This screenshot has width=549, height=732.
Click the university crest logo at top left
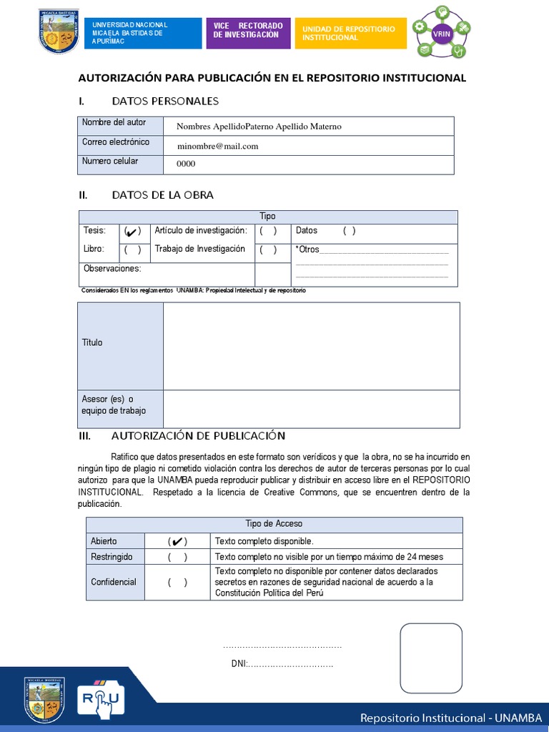coord(59,32)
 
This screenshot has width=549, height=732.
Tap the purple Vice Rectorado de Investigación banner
coord(248,33)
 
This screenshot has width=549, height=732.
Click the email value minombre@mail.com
coord(217,146)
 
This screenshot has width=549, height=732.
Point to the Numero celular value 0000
coord(186,164)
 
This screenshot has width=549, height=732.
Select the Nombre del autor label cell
coord(114,123)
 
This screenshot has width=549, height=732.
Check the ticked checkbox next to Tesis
coord(132,231)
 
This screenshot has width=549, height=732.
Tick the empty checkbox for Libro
coord(132,249)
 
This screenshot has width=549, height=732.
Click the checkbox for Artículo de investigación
coord(268,231)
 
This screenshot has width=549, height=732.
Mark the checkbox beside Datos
coord(349,231)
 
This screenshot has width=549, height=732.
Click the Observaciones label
coord(112,269)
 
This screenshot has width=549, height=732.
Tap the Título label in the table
coord(92,342)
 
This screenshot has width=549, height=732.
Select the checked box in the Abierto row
coord(178,541)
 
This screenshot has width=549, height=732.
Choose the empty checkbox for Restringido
coord(178,557)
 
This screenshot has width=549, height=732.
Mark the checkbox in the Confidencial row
coord(178,582)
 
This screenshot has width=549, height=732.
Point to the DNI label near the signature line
coord(239,664)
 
